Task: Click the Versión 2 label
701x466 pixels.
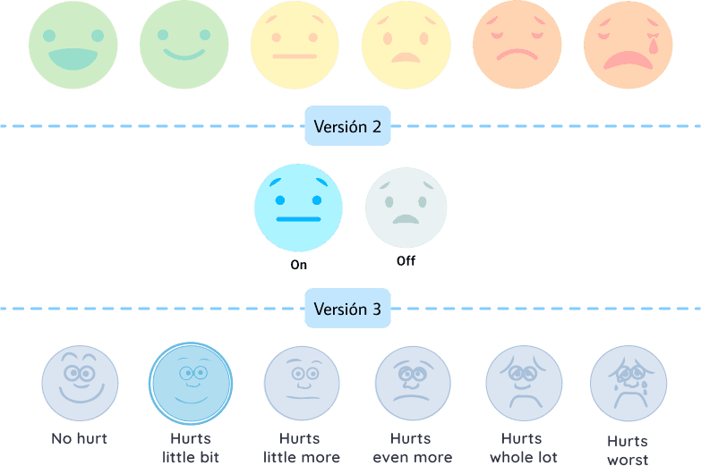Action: (x=347, y=126)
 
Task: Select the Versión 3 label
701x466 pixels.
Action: (x=347, y=309)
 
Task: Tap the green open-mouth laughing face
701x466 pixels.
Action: (x=73, y=45)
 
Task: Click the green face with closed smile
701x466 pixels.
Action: (x=184, y=45)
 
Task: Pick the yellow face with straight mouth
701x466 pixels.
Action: (x=295, y=45)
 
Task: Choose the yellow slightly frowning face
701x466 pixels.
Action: (x=406, y=45)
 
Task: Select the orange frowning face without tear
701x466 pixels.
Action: (x=517, y=45)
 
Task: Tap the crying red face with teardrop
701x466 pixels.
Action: (x=628, y=45)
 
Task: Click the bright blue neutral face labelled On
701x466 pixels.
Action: (x=299, y=208)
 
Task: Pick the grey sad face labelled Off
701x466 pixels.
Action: (x=406, y=208)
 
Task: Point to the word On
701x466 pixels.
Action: (x=299, y=266)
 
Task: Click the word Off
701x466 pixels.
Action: (x=406, y=261)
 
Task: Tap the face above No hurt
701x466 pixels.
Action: (x=80, y=384)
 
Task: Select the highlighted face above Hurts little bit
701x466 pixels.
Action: (x=191, y=384)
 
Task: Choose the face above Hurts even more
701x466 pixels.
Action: (x=413, y=384)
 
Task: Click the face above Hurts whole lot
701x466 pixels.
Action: (x=524, y=384)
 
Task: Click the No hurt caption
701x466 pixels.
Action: (x=80, y=438)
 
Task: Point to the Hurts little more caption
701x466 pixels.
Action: (x=301, y=448)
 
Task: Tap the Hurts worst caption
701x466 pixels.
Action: (x=628, y=449)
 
